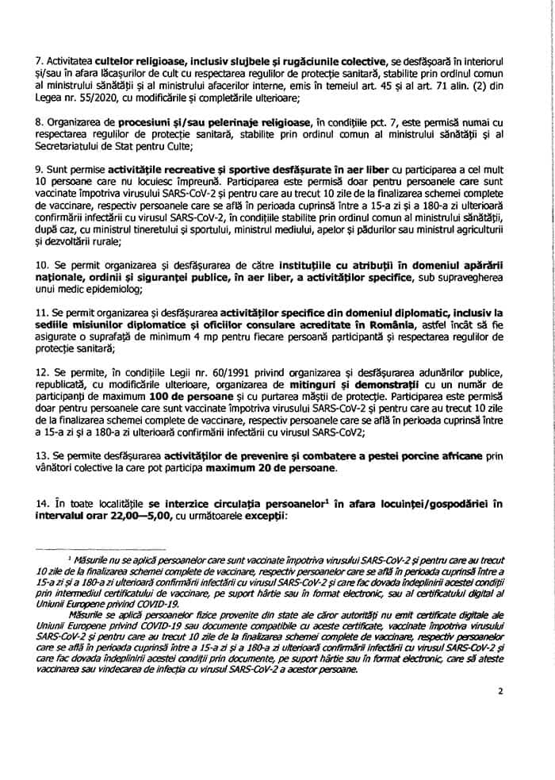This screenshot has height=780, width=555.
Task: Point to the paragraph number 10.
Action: (43, 263)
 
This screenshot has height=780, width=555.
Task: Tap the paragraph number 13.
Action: (43, 456)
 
